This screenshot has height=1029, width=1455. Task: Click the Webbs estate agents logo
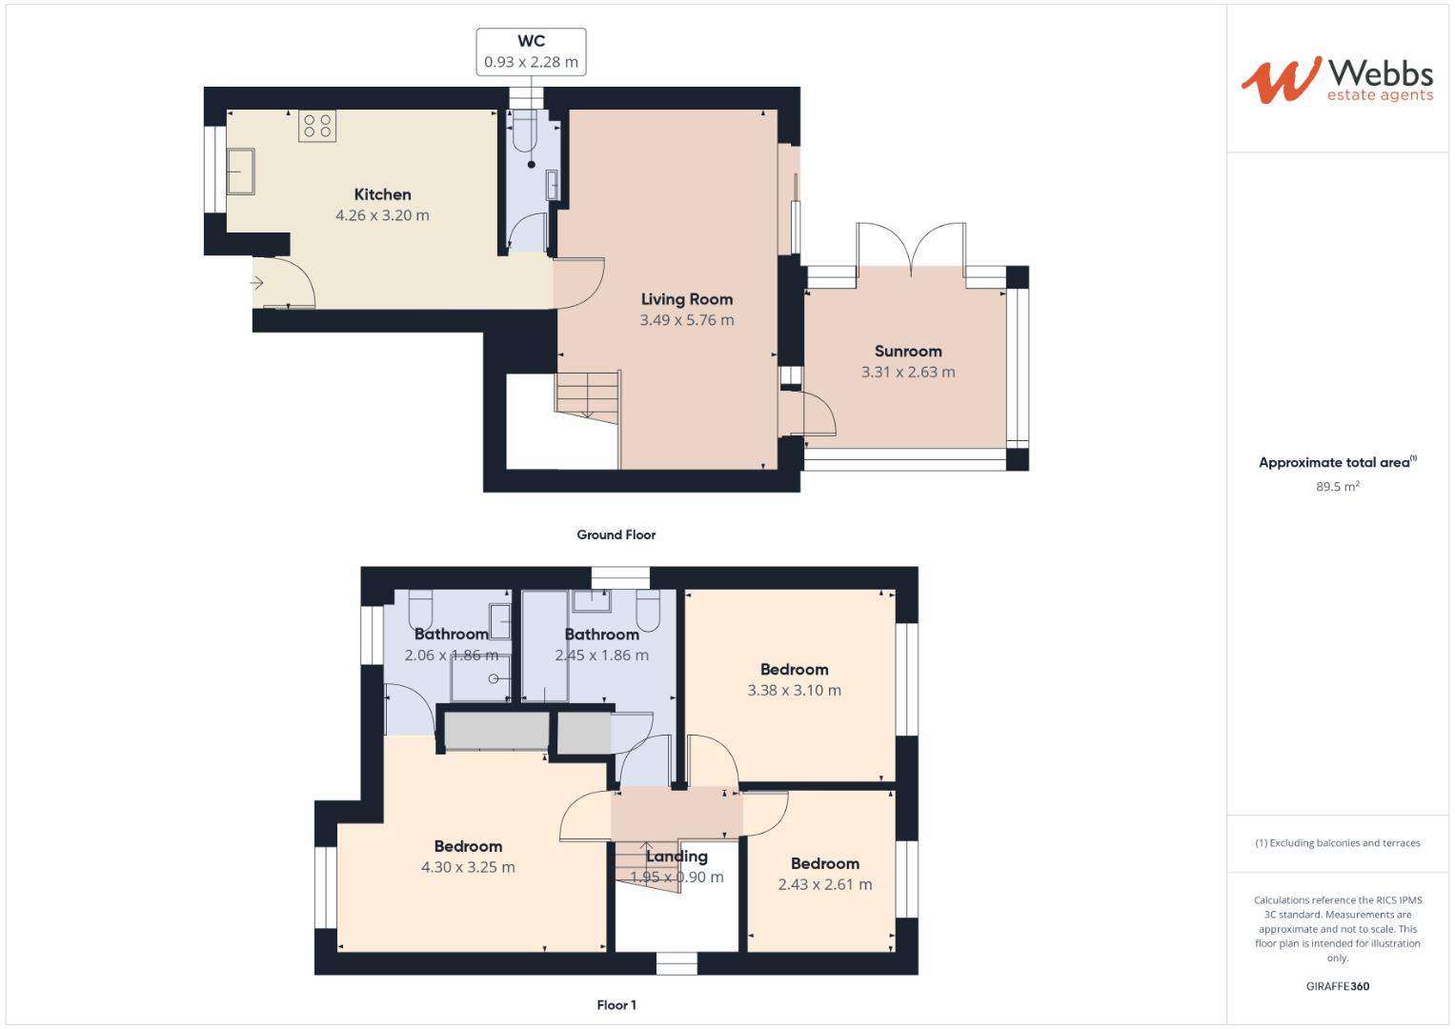(1336, 80)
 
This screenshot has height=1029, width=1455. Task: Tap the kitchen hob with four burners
(317, 126)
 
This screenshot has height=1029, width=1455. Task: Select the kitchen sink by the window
(240, 171)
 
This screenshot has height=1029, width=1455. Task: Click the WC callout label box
(531, 52)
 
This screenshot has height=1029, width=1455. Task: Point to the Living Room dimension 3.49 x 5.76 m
(686, 320)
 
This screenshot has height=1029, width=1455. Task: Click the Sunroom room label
(907, 351)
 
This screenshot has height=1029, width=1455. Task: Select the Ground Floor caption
(616, 535)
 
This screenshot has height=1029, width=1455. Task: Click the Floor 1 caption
(616, 1004)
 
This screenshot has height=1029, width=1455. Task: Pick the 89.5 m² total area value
(1337, 486)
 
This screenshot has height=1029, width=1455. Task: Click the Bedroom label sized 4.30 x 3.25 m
(468, 846)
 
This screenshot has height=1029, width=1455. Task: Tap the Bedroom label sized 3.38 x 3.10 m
(794, 669)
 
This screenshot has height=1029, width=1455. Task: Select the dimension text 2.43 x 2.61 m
(824, 884)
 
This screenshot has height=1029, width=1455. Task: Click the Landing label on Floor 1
(677, 856)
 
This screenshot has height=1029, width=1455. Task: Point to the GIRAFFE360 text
(1337, 986)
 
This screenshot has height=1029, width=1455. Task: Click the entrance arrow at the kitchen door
(257, 283)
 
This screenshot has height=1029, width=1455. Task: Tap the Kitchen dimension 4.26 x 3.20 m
(382, 215)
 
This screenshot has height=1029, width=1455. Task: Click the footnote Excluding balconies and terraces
(1337, 842)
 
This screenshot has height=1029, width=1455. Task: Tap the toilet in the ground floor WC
(525, 135)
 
